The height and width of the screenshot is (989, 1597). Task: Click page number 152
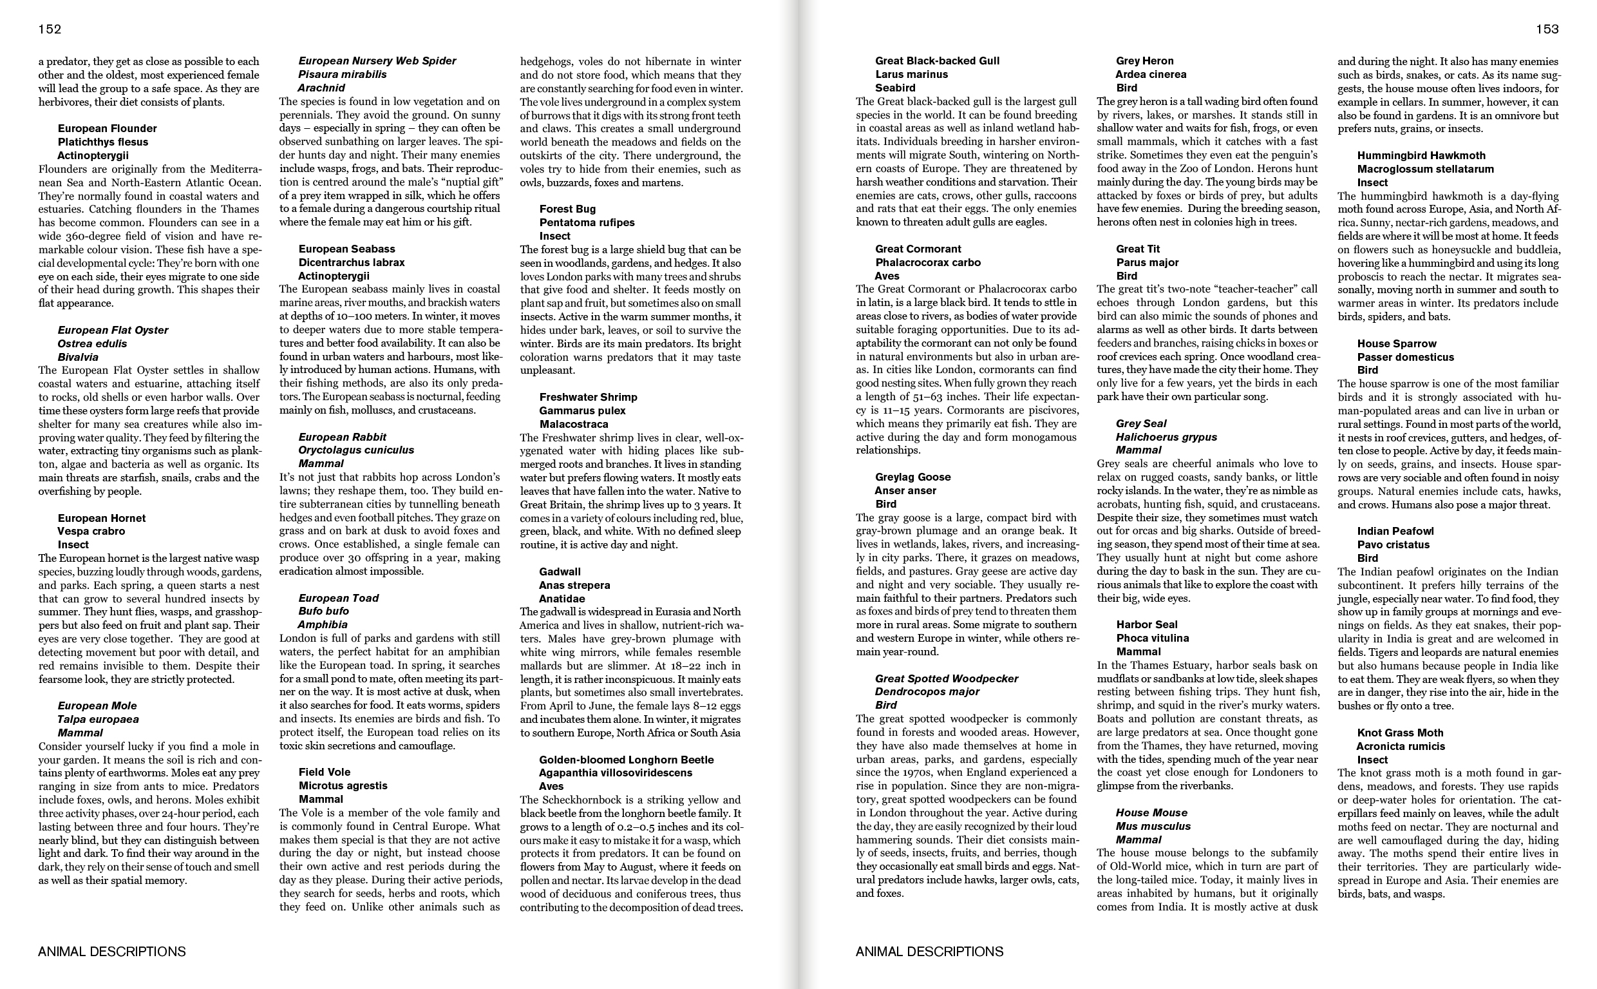(50, 29)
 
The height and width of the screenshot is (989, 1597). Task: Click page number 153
(1547, 29)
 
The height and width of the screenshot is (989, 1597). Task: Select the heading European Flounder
(107, 128)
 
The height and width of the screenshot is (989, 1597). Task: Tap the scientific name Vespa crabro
(91, 531)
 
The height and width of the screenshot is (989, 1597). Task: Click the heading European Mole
(97, 706)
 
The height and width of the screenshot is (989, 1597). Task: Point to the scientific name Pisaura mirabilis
(343, 75)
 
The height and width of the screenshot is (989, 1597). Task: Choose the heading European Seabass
(347, 249)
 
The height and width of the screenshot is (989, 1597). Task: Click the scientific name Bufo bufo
(323, 611)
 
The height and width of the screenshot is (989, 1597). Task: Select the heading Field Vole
(325, 772)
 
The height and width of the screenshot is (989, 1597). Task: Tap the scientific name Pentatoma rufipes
(587, 222)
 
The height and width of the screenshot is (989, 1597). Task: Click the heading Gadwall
(560, 571)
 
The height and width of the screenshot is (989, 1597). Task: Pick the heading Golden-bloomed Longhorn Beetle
(627, 760)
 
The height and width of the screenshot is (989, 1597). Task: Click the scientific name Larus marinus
(912, 75)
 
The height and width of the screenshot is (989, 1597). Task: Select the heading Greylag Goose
(912, 477)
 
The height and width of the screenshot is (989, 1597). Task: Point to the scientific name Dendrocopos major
(927, 691)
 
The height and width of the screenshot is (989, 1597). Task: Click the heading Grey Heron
(1145, 61)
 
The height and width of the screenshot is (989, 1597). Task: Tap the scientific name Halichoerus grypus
(1166, 437)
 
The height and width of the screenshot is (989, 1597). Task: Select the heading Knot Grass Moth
(1400, 733)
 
